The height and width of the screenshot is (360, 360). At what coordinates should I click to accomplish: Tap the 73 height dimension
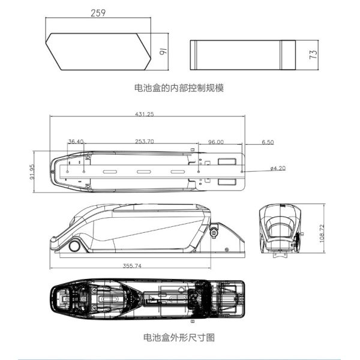(313, 55)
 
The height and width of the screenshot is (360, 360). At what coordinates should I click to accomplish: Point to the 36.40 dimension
(76, 142)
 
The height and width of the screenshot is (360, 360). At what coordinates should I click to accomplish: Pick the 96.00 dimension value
(216, 142)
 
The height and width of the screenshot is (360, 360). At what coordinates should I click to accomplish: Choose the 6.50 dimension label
(268, 142)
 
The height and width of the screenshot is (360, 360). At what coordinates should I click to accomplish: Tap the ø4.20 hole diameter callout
(277, 168)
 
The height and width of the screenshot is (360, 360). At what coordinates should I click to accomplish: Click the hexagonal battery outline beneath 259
(98, 50)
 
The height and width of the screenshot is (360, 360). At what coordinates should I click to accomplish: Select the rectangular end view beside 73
(242, 55)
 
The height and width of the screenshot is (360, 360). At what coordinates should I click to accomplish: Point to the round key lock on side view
(214, 229)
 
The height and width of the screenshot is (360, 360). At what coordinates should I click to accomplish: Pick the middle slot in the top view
(145, 172)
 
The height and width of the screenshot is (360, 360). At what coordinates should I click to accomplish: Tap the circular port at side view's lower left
(75, 245)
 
